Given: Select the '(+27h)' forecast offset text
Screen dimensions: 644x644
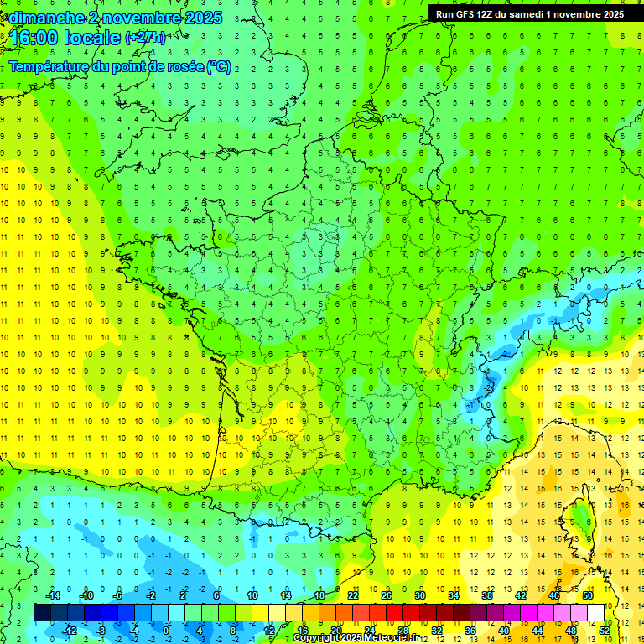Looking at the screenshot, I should tap(145, 38).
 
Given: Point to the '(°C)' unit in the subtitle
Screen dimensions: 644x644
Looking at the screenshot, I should tap(218, 66).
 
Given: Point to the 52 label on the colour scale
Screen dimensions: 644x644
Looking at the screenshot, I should tap(605, 630).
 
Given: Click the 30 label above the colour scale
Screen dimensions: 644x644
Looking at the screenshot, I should tap(420, 595).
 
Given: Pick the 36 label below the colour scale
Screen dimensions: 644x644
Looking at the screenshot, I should tap(470, 630).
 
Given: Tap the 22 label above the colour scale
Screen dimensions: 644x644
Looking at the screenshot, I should tap(353, 595).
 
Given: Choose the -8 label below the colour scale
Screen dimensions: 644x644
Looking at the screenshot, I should tap(101, 630).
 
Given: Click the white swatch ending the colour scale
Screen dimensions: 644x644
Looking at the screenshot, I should tap(596, 613).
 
